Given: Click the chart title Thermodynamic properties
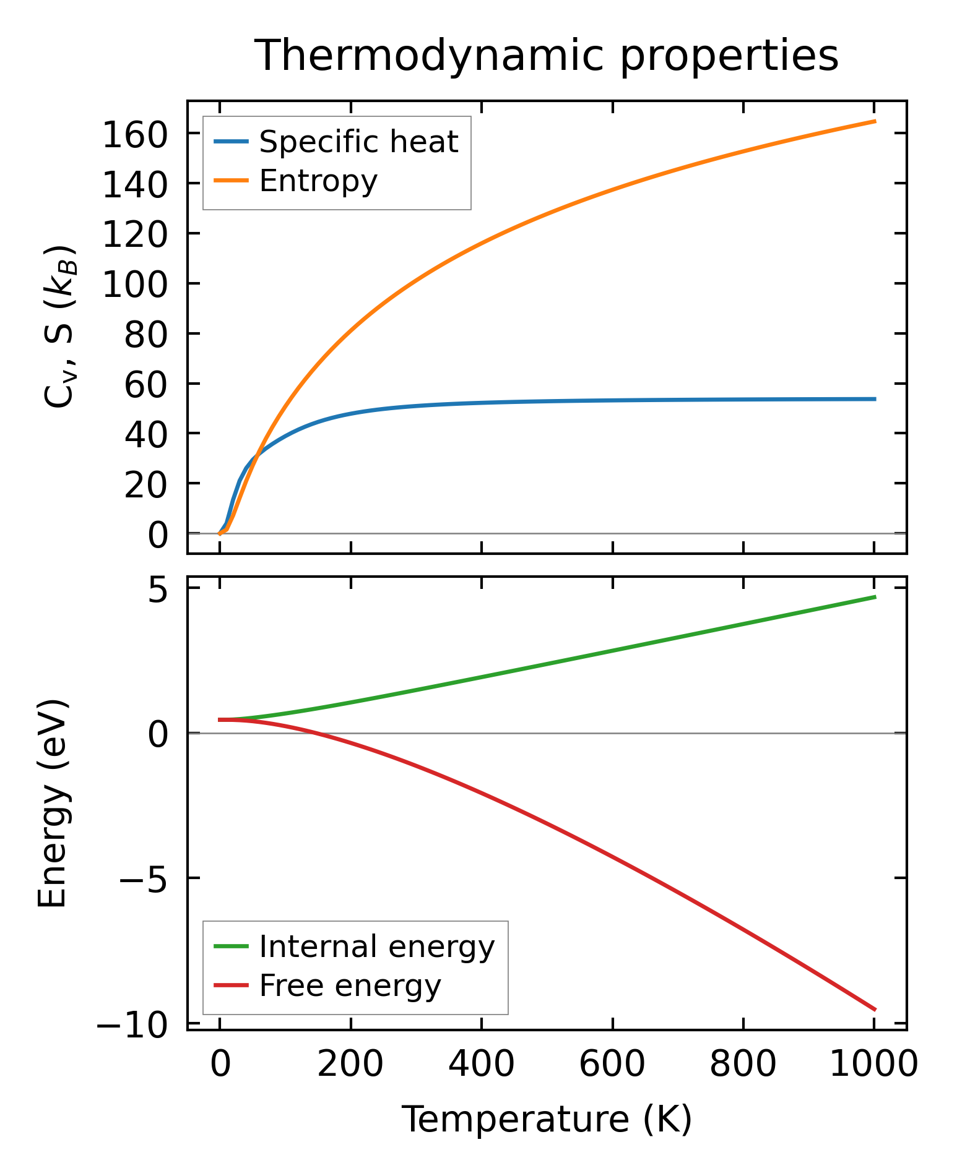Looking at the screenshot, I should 547,56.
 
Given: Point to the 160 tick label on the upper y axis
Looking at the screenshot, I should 135,135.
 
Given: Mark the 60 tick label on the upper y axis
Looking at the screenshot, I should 146,385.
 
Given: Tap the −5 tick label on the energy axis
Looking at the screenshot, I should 143,878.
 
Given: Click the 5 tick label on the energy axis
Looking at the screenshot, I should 158,592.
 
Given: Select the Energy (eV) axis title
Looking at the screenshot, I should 52,804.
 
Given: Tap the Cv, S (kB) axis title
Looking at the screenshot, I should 59,327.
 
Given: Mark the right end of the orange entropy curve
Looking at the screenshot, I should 875,121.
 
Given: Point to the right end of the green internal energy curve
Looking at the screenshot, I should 875,596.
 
